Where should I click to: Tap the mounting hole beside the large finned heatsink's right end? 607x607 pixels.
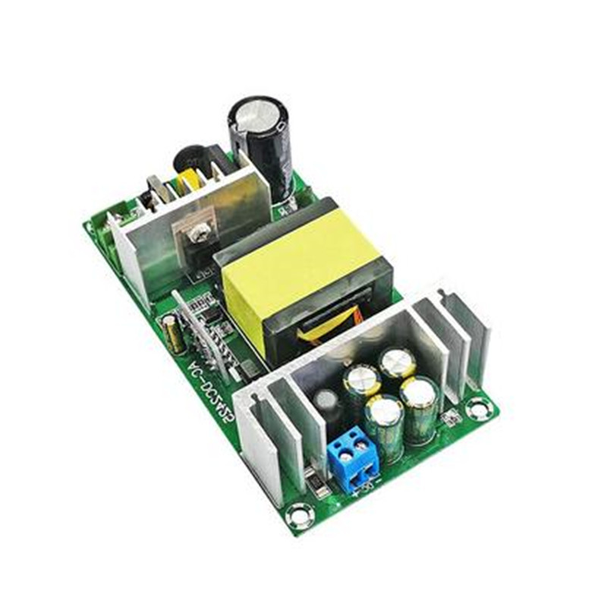[479, 409]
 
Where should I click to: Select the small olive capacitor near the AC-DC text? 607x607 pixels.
[174, 335]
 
